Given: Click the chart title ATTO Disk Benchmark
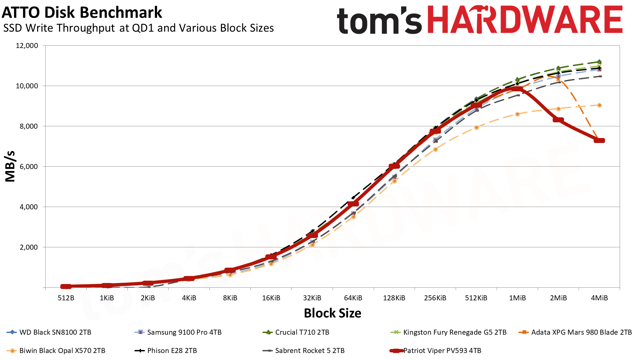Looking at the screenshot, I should [x=82, y=13].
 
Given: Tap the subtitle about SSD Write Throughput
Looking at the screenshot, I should [x=138, y=28].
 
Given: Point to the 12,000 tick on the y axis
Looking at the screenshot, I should [x=27, y=46].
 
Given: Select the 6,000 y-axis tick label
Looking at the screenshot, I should [x=27, y=167].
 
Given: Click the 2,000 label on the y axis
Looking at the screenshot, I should [x=27, y=247].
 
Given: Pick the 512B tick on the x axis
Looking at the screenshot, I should [x=66, y=298].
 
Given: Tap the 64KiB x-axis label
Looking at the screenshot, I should [x=353, y=298].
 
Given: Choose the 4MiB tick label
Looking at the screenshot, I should [x=599, y=298].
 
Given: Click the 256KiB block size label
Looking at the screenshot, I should [x=435, y=298].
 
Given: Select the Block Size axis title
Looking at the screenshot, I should [x=332, y=313].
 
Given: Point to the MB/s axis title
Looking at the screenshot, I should [x=10, y=166].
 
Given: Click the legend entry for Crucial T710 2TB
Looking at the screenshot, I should [x=302, y=332].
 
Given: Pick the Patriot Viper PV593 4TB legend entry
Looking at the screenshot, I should [x=442, y=351].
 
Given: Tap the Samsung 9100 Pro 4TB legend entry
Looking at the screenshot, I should [x=184, y=332].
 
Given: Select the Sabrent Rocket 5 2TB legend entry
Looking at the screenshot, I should [x=310, y=351].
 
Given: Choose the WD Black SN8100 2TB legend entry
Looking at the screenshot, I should [x=55, y=332].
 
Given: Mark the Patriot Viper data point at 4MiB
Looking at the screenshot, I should [x=599, y=140].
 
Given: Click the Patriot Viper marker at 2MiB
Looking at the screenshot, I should [x=558, y=120].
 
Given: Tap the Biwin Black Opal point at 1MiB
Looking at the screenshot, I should [x=517, y=114].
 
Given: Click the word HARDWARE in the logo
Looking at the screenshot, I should [x=525, y=20].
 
